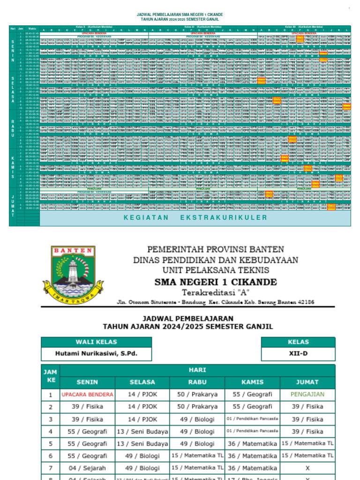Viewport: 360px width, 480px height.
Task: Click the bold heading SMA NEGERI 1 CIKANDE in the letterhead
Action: (x=216, y=282)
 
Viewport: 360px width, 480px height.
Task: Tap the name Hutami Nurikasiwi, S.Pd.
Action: (x=96, y=353)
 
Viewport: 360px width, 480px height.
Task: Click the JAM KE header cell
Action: (x=50, y=375)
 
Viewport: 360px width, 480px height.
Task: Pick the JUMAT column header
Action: (x=308, y=382)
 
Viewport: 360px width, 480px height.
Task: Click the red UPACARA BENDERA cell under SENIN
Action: (x=87, y=394)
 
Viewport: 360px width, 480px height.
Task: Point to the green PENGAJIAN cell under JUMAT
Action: (x=308, y=394)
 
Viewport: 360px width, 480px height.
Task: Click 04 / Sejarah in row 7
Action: (x=87, y=467)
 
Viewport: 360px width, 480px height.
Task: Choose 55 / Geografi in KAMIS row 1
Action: (x=253, y=394)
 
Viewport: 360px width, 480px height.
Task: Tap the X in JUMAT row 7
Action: (x=308, y=467)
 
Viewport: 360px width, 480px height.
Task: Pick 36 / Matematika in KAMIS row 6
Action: (x=253, y=455)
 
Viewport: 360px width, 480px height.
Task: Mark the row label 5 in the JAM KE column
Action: (x=50, y=443)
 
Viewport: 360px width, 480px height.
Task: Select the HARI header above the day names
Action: (x=197, y=369)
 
